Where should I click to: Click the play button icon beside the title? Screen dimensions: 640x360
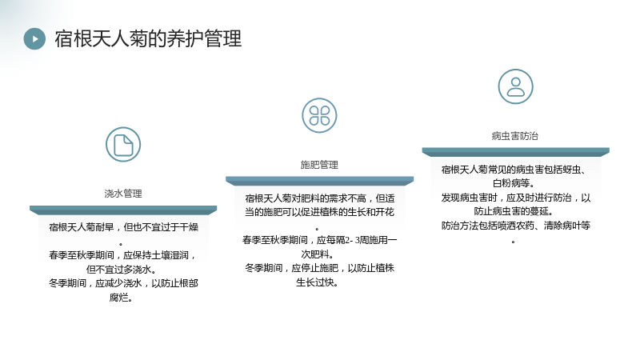point(34,38)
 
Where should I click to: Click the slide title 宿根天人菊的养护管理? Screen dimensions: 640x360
point(148,38)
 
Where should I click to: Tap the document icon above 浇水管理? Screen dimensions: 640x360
point(123,145)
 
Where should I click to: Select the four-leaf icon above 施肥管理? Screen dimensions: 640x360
point(319,115)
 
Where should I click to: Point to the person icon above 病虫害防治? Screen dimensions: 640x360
point(515,86)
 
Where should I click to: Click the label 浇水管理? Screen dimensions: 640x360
point(123,194)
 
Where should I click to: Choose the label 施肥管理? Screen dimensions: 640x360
point(319,165)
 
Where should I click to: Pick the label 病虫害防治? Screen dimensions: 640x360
point(515,136)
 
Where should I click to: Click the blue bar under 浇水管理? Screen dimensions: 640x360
point(123,210)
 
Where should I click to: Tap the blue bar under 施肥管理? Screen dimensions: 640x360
point(319,182)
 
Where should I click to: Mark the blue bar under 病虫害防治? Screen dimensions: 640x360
point(515,152)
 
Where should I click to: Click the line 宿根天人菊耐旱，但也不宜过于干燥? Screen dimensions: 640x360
point(124,227)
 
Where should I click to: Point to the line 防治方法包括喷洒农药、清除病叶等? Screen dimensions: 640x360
point(516,226)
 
